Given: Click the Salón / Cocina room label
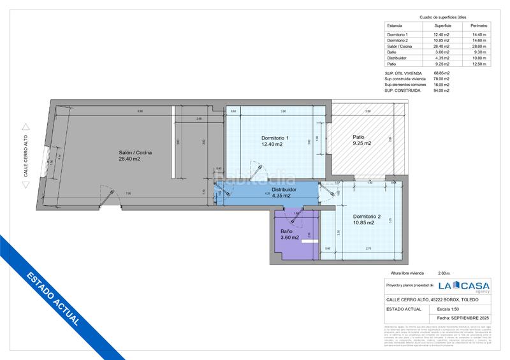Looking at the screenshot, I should [135, 152].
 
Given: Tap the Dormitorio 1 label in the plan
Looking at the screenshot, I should [275, 138].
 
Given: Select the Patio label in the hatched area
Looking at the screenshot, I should [360, 136].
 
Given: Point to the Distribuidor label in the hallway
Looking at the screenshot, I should [284, 189].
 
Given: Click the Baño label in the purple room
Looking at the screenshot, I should [286, 231].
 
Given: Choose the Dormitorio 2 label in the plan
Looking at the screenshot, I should [367, 217].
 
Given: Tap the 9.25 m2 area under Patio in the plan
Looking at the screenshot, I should [361, 143].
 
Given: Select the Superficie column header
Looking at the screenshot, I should [442, 25].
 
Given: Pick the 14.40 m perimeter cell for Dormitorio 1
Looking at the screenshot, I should [478, 34].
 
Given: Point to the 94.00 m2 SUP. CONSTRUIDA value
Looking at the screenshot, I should [442, 90].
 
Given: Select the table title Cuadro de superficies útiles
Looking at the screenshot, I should [442, 17].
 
